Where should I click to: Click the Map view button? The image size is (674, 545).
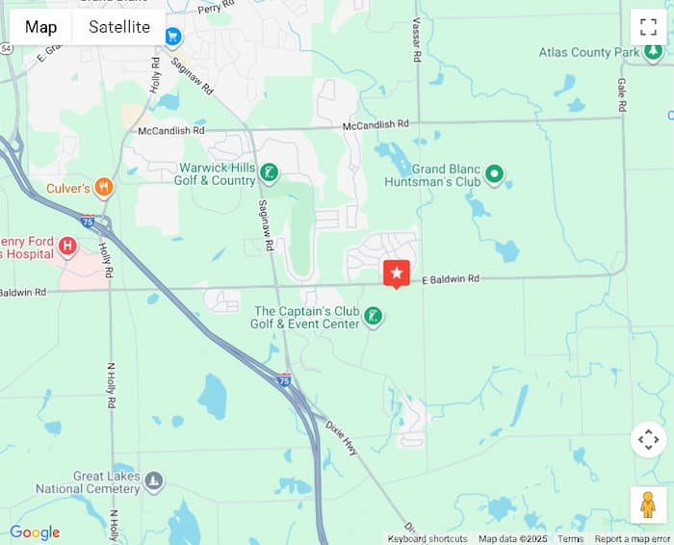[40, 27]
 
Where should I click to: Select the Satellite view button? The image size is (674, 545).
[119, 27]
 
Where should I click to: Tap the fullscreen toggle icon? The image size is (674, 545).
[648, 27]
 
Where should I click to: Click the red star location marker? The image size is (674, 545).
[397, 273]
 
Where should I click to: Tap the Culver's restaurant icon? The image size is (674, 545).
[104, 188]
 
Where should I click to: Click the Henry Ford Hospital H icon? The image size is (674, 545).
[67, 247]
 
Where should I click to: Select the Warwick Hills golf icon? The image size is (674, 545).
[271, 173]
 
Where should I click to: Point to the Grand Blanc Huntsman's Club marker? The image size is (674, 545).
[495, 174]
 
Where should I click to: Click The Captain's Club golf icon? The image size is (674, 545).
[373, 316]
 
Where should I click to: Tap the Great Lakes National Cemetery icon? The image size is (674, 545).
[154, 480]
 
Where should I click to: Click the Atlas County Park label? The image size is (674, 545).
[589, 52]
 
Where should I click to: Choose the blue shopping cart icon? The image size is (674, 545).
[173, 37]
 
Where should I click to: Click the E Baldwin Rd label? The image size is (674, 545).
[451, 279]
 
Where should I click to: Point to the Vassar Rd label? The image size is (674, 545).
[417, 40]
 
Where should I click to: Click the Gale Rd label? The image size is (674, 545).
[622, 93]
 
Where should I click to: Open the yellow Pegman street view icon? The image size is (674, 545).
[648, 505]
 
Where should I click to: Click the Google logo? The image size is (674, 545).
[35, 532]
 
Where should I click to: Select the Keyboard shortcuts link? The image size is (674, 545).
[428, 539]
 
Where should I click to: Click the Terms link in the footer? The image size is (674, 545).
[570, 539]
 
